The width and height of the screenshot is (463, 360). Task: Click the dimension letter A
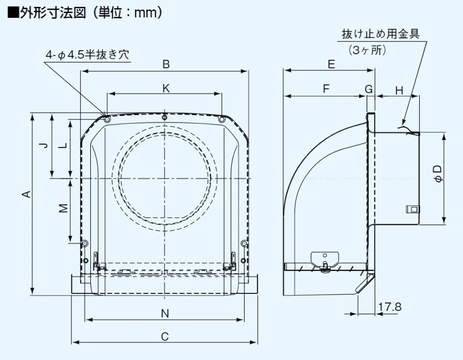[27, 193]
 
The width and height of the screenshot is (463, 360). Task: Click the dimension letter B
[166, 64]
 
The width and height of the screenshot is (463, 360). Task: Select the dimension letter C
[165, 336]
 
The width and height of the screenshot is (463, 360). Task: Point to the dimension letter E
[331, 64]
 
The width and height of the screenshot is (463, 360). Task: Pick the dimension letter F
[326, 89]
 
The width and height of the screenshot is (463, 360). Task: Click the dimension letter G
[369, 89]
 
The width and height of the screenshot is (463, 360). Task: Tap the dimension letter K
[166, 89]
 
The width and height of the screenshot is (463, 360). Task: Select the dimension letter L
[63, 146]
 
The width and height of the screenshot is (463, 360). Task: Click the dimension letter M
[63, 208]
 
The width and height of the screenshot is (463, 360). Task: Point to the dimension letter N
[165, 313]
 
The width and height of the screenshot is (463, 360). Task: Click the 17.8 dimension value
[389, 307]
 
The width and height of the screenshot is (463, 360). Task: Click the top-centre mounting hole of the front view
[165, 118]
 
